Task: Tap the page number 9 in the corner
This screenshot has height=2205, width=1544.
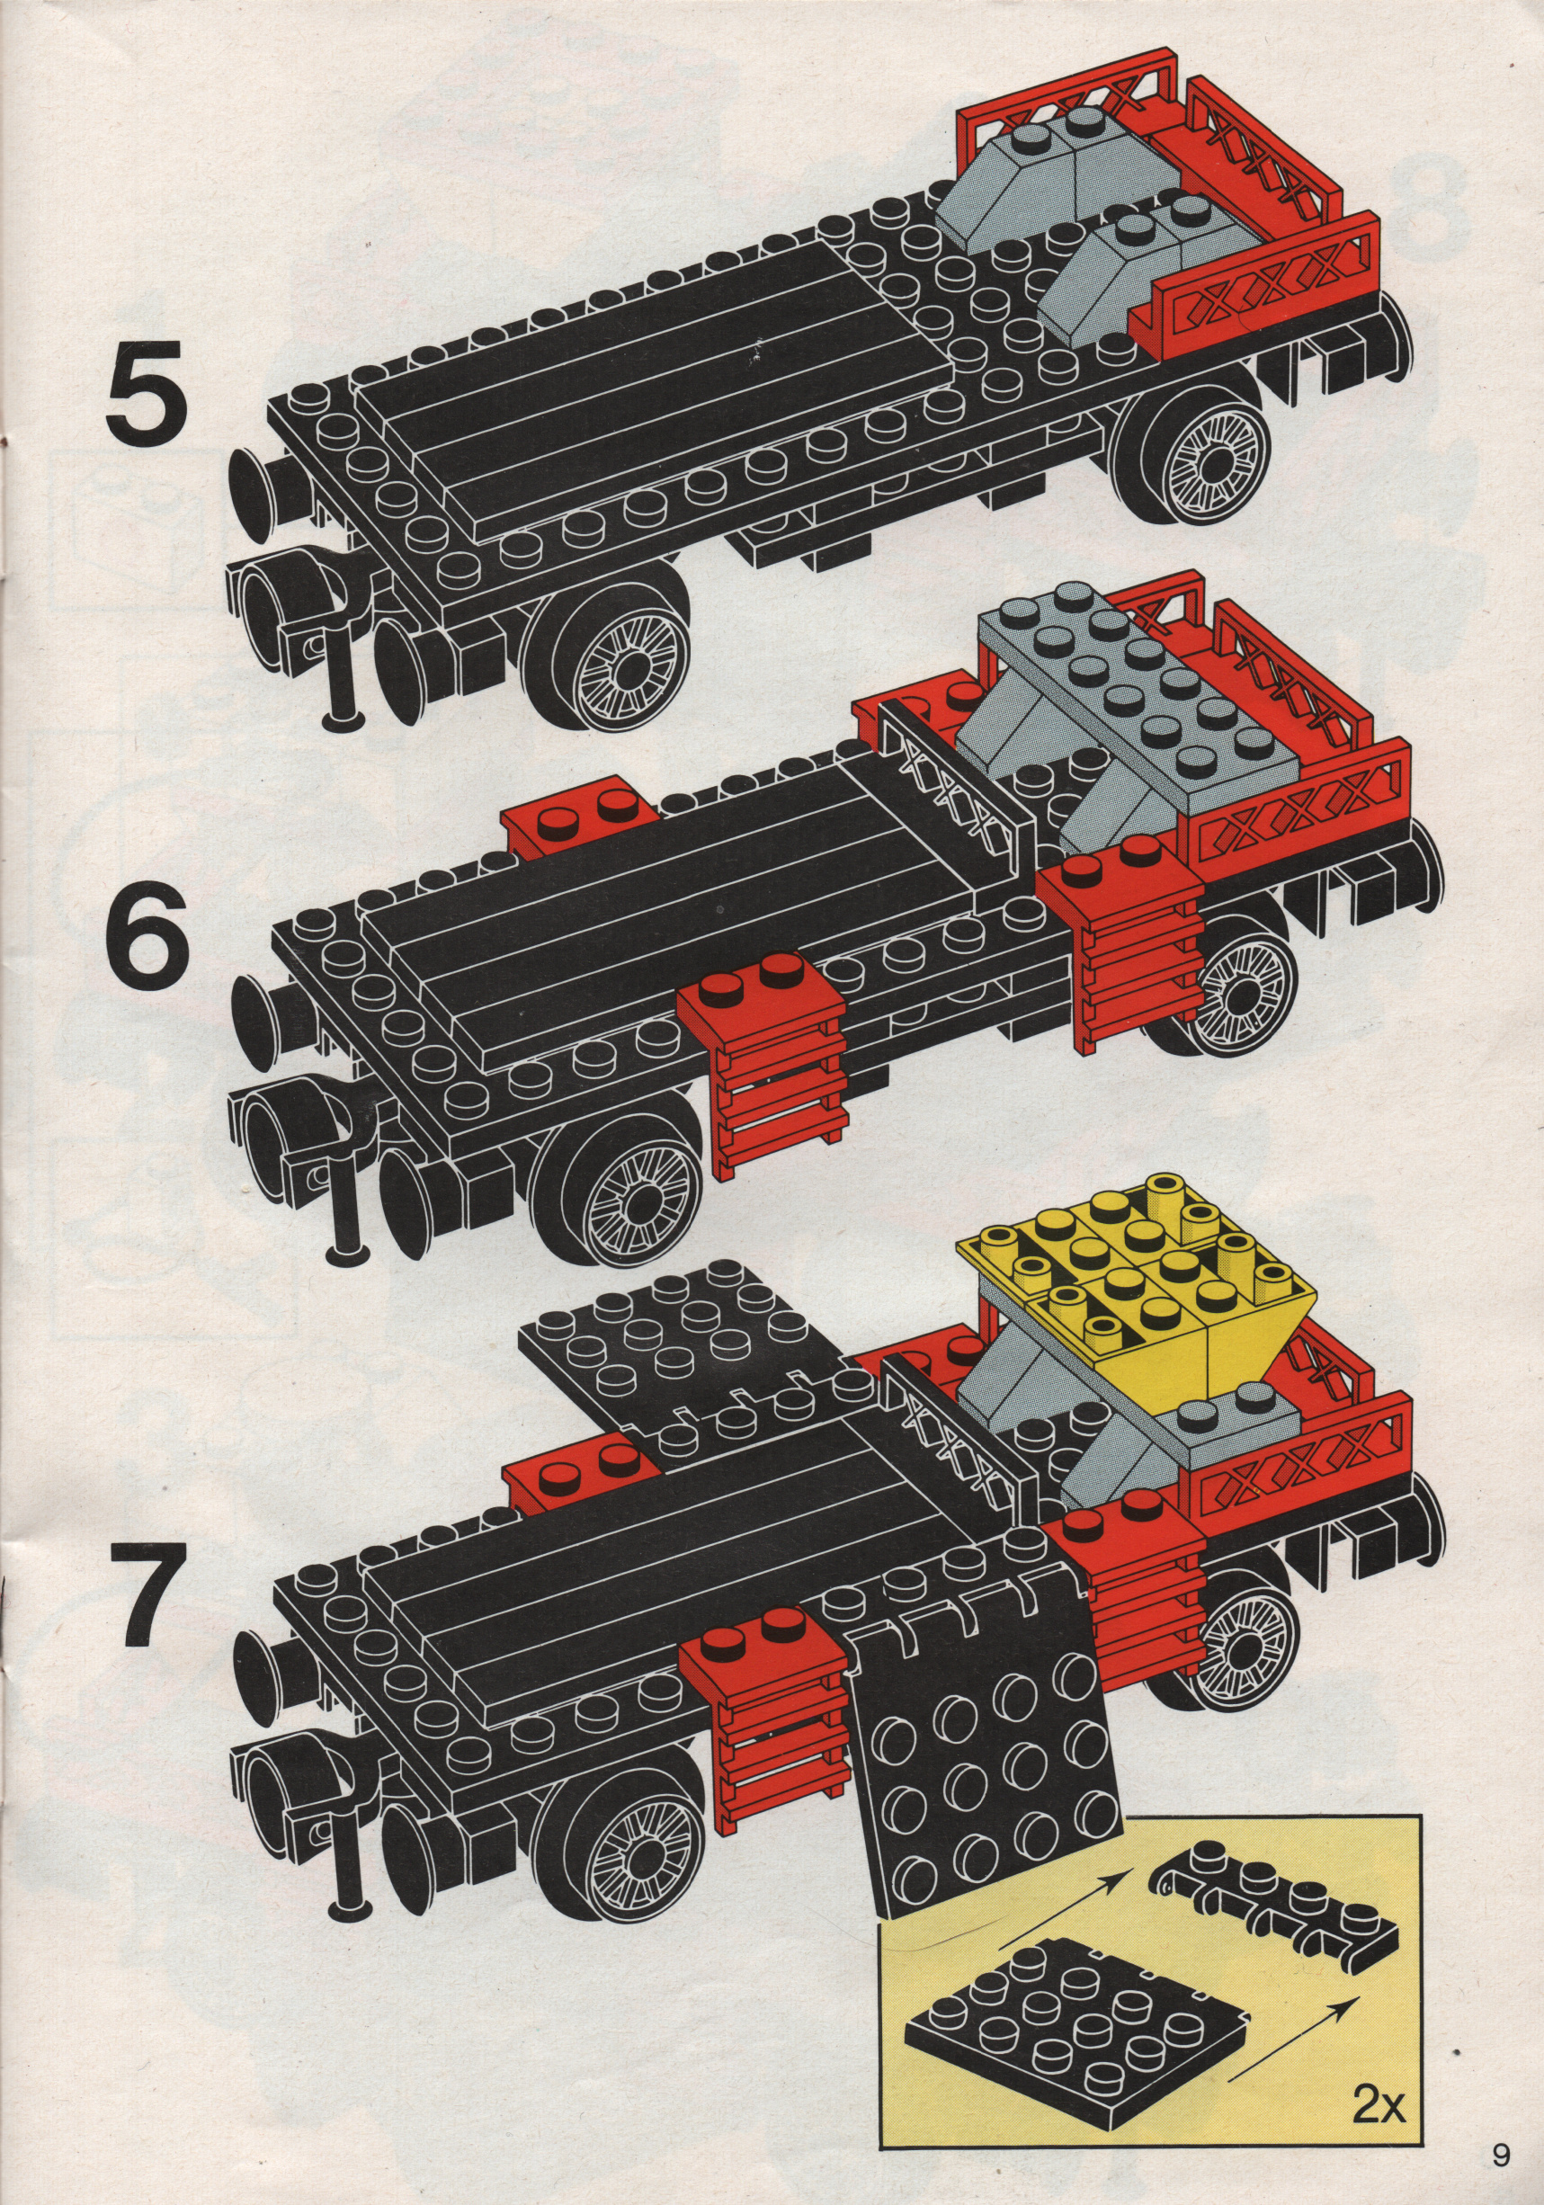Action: (1501, 2174)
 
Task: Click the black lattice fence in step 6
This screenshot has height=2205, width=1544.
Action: (960, 807)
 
